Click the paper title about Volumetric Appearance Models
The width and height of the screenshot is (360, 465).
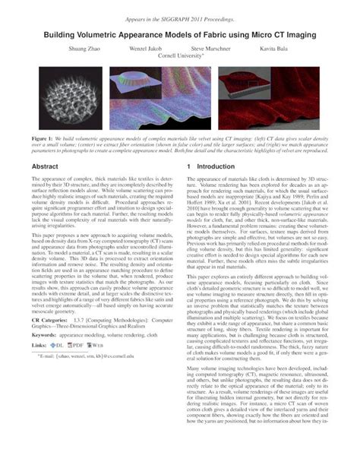[180, 34]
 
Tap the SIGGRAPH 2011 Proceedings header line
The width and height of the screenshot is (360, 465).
[180, 16]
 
